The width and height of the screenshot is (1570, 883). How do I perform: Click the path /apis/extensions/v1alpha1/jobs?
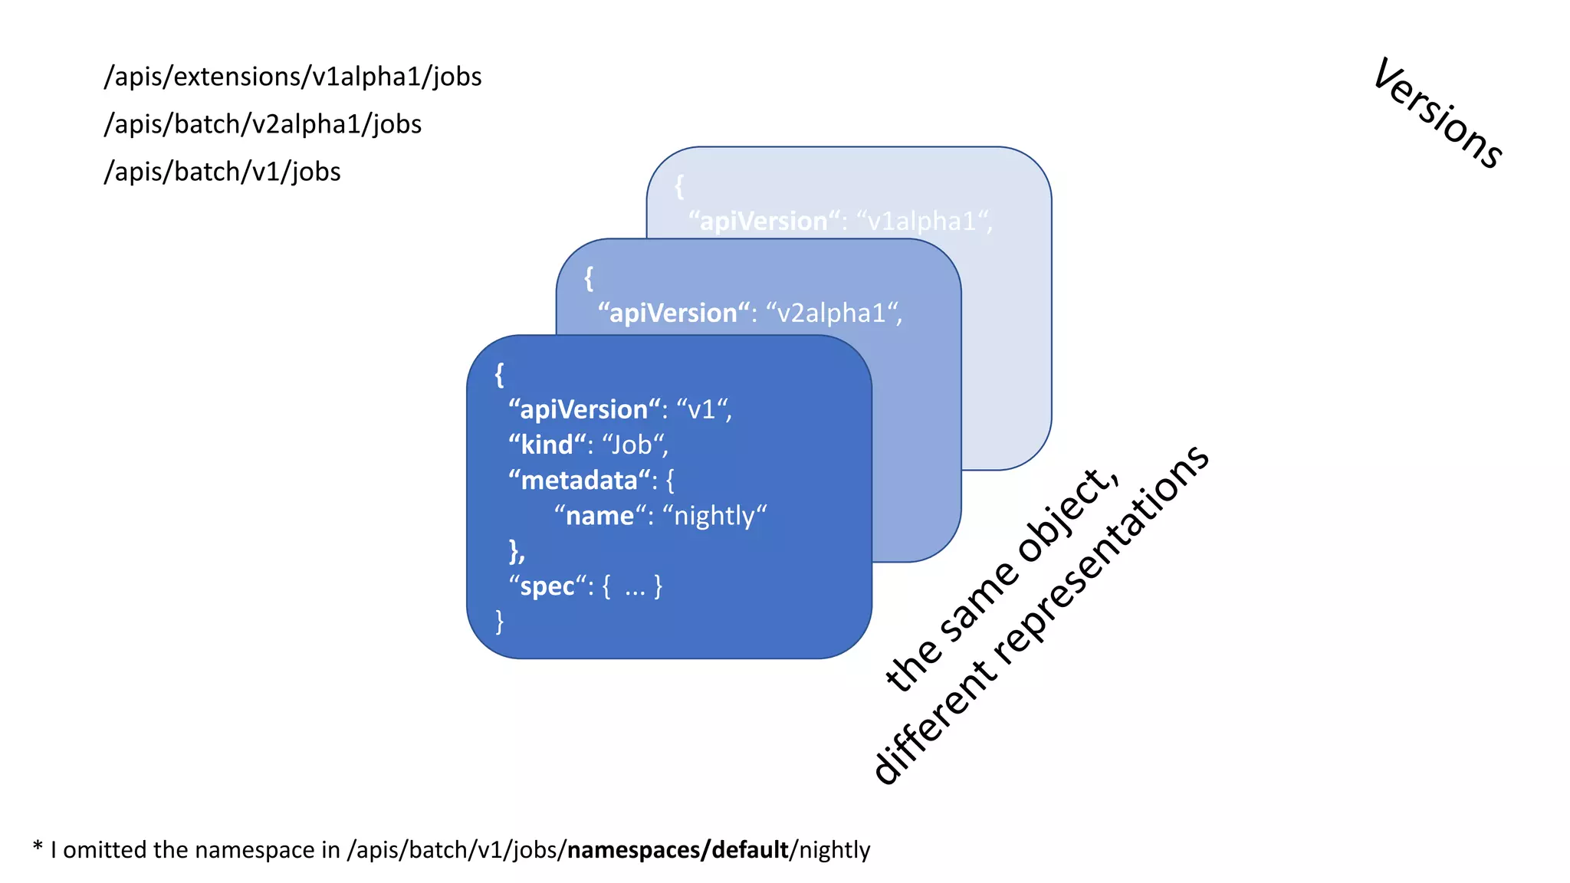(293, 77)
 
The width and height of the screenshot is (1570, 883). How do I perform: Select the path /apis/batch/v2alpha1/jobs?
(263, 124)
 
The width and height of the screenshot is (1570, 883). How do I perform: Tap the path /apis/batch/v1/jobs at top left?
(222, 172)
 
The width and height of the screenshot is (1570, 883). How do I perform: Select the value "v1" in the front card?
(702, 410)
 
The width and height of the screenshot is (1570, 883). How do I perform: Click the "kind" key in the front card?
(547, 445)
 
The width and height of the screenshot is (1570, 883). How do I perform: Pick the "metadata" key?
(579, 481)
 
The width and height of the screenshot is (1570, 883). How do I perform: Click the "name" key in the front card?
(599, 516)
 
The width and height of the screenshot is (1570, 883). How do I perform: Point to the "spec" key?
(547, 586)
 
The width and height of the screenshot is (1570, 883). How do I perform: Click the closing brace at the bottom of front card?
(500, 621)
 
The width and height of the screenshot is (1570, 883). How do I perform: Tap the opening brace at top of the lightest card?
(679, 186)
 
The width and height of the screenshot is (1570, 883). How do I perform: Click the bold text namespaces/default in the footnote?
(678, 850)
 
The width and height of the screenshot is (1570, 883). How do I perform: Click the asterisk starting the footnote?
(38, 847)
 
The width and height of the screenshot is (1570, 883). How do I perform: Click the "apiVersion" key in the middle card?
(673, 313)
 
